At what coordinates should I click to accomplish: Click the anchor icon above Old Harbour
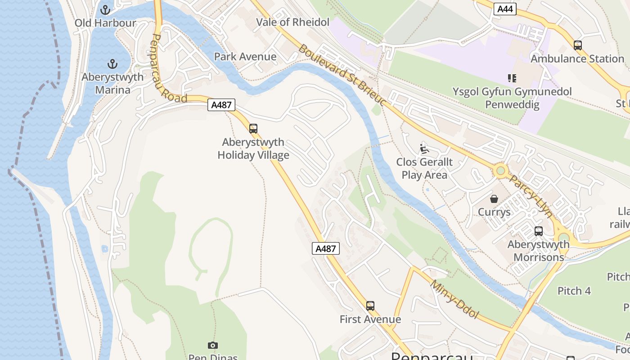[x=105, y=9]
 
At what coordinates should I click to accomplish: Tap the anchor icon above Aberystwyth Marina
[x=112, y=63]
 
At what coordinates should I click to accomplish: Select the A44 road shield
[x=504, y=9]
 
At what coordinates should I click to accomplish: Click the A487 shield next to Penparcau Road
[x=221, y=105]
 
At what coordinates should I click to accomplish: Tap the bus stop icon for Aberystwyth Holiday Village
[x=253, y=129]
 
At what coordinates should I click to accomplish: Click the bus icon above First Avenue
[x=370, y=306]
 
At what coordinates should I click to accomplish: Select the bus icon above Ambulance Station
[x=577, y=45]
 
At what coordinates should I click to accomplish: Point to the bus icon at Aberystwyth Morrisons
[x=538, y=231]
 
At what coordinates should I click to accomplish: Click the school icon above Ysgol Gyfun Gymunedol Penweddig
[x=512, y=78]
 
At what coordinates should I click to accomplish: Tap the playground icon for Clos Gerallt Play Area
[x=424, y=148]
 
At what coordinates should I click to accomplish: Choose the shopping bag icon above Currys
[x=494, y=198]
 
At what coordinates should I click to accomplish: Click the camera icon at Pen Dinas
[x=213, y=345]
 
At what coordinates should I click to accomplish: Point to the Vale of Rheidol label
[x=292, y=22]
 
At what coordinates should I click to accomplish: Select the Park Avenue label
[x=245, y=57]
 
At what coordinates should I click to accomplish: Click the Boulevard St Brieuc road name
[x=342, y=75]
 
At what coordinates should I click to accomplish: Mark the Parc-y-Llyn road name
[x=531, y=196]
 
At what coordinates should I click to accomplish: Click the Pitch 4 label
[x=574, y=291]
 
